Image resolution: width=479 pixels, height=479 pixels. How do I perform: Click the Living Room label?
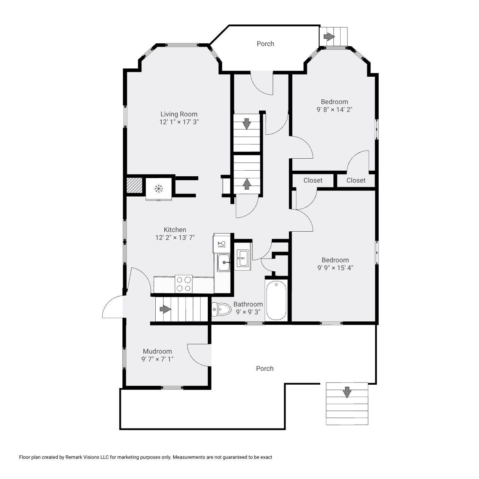tap(179, 114)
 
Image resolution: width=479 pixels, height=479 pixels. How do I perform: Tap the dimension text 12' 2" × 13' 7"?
tap(175, 237)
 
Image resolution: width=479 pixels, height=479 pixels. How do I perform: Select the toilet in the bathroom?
tap(222, 309)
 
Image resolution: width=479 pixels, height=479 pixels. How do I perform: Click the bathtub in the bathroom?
tap(276, 300)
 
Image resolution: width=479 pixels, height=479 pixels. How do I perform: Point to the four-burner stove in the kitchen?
tap(183, 284)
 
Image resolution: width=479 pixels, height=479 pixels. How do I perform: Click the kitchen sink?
tap(224, 262)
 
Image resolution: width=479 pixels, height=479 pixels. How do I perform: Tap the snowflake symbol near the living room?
tap(159, 189)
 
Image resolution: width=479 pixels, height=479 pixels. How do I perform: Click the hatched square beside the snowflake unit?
tap(134, 186)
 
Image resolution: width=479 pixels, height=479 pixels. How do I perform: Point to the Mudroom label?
tap(158, 351)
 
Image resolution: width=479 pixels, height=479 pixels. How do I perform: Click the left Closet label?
tap(313, 180)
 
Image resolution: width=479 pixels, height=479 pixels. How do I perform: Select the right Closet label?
tap(356, 180)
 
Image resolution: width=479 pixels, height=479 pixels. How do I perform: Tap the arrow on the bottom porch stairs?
tap(347, 392)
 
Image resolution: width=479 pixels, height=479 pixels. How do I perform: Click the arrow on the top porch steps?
tap(329, 37)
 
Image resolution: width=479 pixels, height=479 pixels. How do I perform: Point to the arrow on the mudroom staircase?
tap(165, 309)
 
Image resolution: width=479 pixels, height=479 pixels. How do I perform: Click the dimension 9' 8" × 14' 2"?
tap(335, 110)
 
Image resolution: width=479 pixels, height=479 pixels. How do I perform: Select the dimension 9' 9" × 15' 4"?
tap(335, 268)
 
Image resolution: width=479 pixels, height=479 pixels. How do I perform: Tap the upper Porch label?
tap(265, 44)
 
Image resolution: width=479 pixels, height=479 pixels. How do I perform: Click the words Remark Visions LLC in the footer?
tap(87, 457)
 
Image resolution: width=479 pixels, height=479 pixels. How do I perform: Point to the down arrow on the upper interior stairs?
tap(247, 123)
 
